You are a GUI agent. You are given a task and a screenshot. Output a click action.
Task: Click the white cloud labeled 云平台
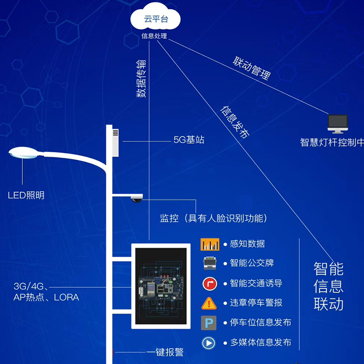point(155,20)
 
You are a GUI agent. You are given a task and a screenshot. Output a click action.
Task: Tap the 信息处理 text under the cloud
point(154,36)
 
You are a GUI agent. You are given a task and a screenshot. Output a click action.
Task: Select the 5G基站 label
point(189,140)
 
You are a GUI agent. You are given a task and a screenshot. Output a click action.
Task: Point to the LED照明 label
point(26,196)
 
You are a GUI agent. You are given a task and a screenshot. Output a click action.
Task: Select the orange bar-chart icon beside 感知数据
point(210,244)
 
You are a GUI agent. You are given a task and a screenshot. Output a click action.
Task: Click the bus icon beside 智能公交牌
point(210,263)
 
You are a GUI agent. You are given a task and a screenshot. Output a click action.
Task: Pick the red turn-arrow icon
point(210,283)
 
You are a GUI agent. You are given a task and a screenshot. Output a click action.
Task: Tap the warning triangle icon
point(209,303)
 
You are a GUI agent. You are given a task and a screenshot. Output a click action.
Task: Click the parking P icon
point(209,323)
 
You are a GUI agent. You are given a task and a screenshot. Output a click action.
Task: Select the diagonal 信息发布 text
point(235,122)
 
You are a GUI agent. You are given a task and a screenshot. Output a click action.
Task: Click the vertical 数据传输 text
point(140,78)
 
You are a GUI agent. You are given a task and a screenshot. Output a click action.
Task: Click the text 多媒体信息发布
point(261,343)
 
